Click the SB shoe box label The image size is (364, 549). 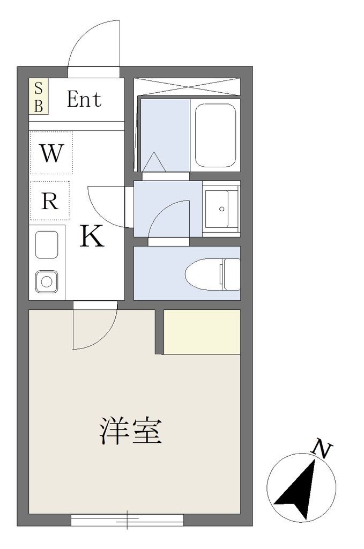38,97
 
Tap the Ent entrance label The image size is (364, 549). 84,99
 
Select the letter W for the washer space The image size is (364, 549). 51,153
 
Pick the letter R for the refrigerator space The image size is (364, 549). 50,201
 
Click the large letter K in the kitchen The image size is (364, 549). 92,236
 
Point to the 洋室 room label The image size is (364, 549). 131,431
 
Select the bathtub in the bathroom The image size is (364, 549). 216,135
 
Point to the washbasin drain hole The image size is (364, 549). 221,209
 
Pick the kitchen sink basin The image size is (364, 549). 47,244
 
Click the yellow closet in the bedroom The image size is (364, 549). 202,332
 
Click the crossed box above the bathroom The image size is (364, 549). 187,86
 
